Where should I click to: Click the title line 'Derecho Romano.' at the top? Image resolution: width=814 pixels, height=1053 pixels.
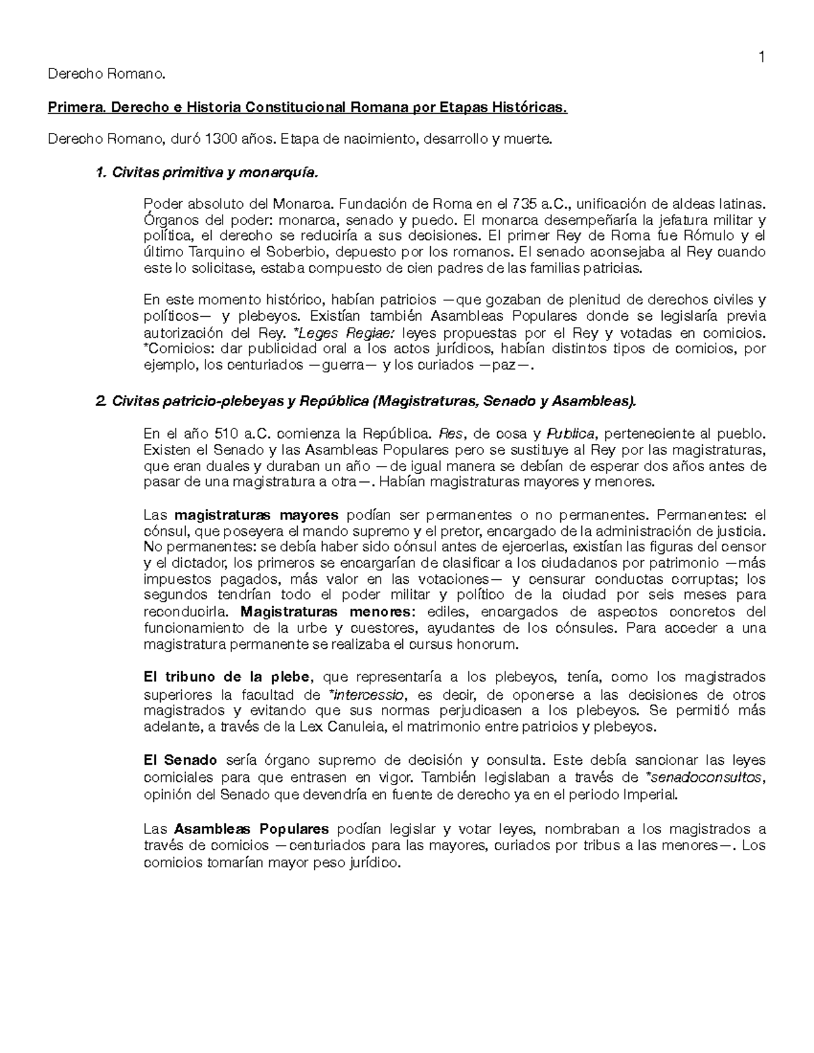(106, 74)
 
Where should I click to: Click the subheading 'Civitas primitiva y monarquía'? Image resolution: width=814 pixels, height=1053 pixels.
(214, 173)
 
